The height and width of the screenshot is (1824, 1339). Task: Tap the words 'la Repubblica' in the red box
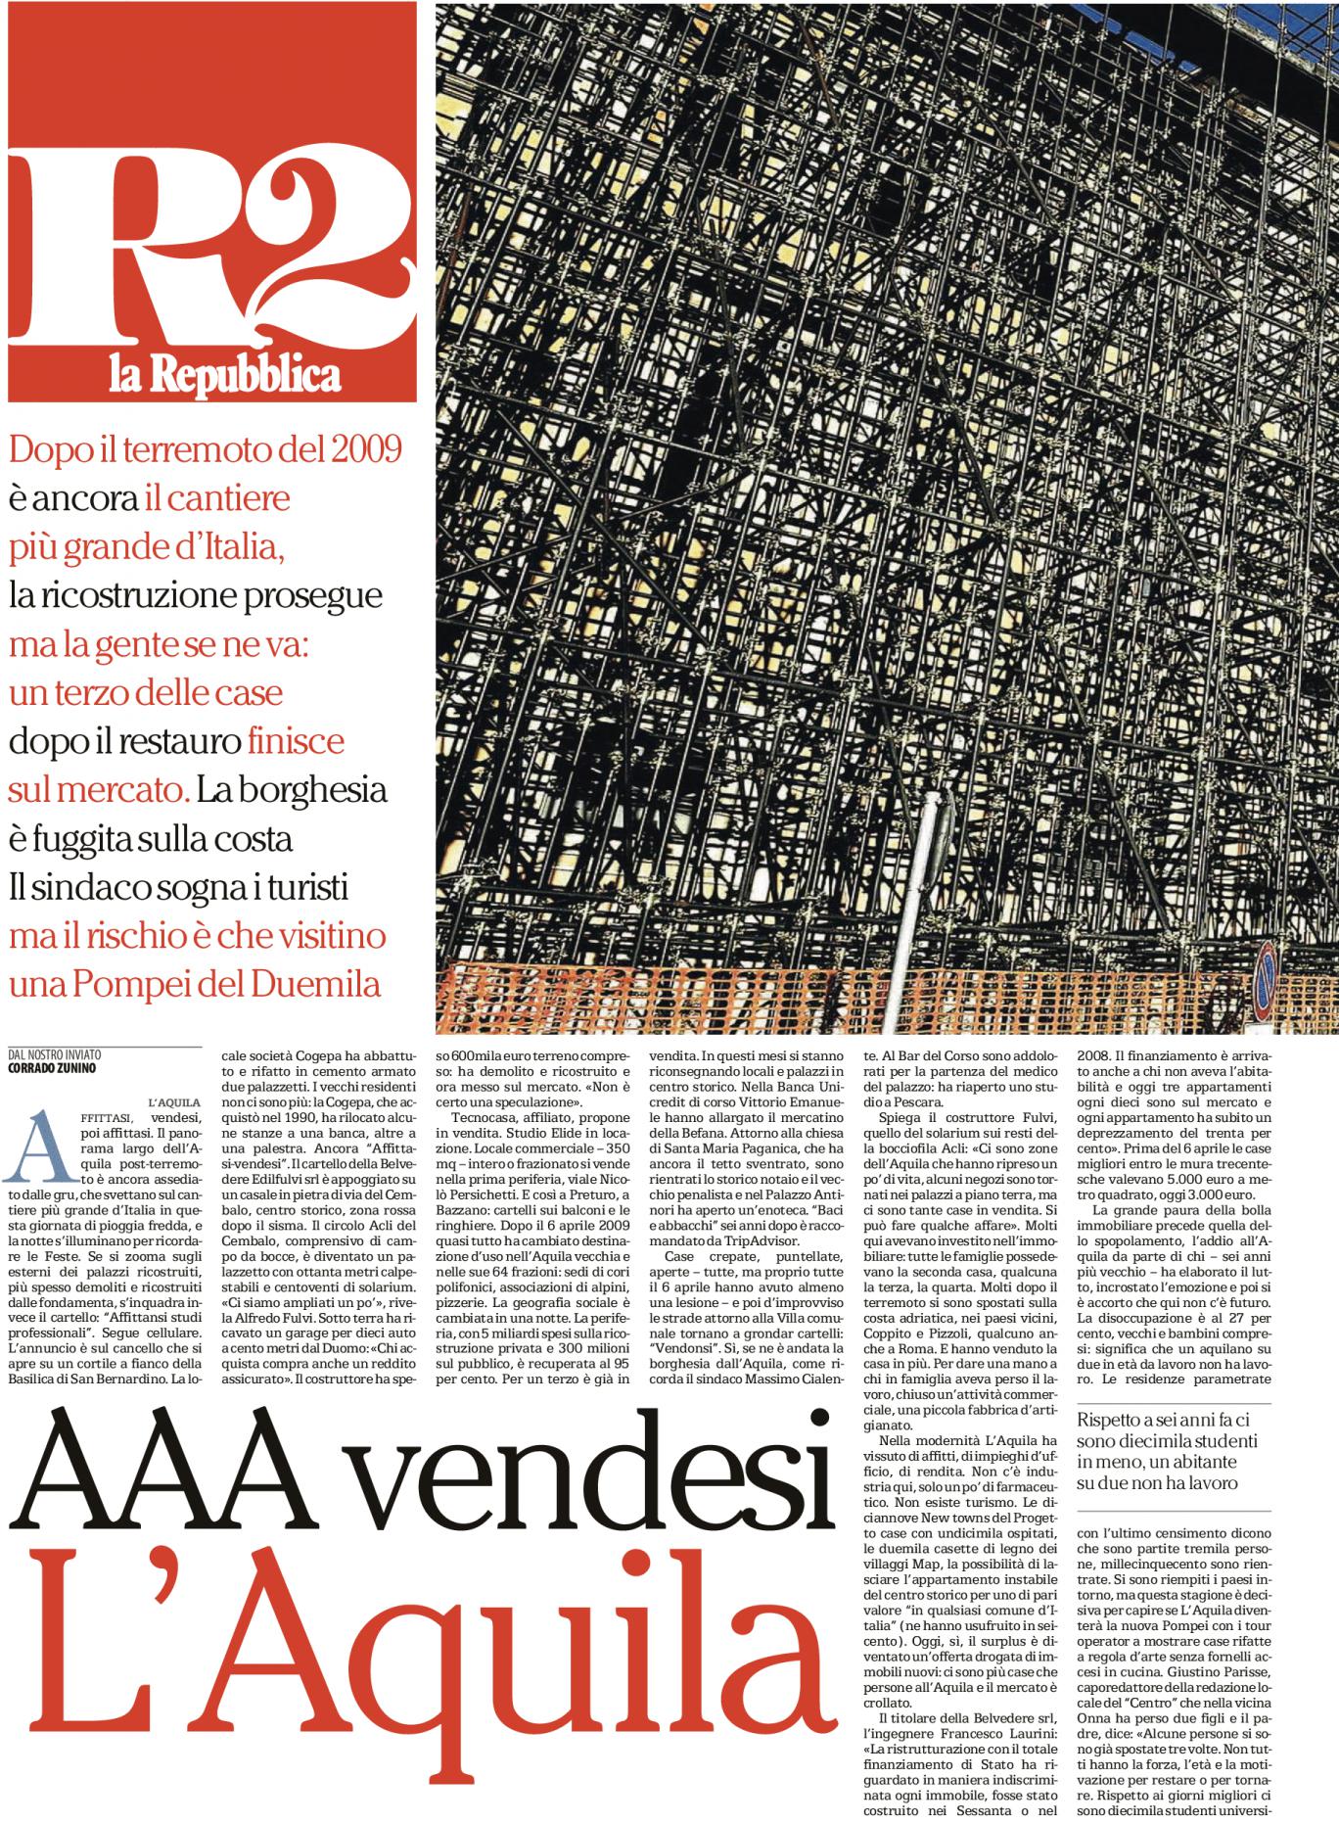pos(224,375)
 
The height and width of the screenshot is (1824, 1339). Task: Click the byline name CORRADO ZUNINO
pos(51,1068)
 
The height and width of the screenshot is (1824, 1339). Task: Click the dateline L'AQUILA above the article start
pos(174,1102)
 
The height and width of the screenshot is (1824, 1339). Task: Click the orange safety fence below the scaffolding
pos(685,999)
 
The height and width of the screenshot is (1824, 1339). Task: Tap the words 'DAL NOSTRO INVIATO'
pos(54,1054)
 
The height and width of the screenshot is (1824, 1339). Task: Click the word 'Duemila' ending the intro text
pos(315,983)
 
